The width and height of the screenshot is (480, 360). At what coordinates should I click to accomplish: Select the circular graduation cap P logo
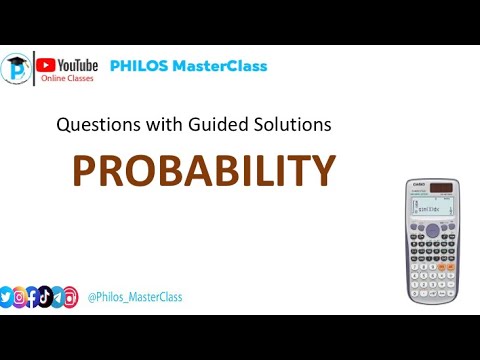[x=16, y=70]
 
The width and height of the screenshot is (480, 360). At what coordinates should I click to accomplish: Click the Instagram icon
[x=20, y=297]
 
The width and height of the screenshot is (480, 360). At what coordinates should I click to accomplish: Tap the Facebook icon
[x=32, y=297]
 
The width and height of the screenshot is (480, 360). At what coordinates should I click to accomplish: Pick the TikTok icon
[x=44, y=297]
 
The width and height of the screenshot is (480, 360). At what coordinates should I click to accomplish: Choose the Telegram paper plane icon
[x=56, y=297]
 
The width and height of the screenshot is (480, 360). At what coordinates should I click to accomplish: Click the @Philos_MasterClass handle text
[x=135, y=297]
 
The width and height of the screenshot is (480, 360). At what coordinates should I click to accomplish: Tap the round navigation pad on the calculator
[x=433, y=230]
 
